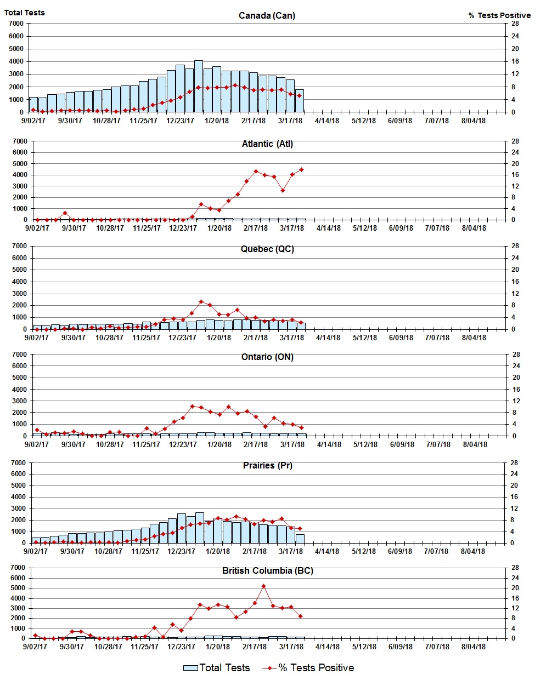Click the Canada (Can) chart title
[267, 15]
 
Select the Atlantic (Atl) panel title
[267, 144]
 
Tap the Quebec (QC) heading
[267, 249]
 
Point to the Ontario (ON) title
[267, 357]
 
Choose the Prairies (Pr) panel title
[267, 466]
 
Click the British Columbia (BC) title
[267, 571]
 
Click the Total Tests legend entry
[217, 668]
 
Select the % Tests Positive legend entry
[308, 668]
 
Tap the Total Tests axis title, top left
[25, 13]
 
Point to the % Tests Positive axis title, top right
[499, 15]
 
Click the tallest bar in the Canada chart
[199, 87]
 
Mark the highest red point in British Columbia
[264, 586]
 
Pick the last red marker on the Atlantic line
[301, 170]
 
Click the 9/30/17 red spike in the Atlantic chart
[65, 213]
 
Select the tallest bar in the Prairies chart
[200, 528]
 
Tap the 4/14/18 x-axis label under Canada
[326, 121]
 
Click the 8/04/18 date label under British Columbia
[474, 647]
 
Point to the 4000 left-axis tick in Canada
[16, 61]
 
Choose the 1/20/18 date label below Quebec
[219, 338]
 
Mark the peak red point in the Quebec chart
[201, 302]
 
